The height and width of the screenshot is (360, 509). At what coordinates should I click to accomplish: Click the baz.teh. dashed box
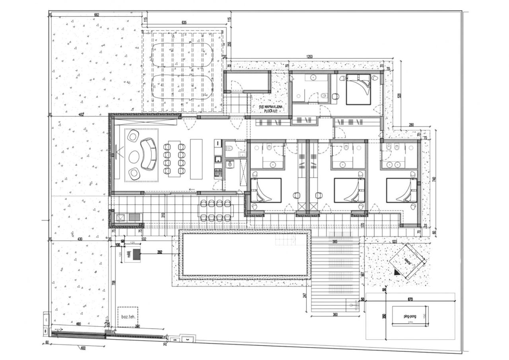pos(128,317)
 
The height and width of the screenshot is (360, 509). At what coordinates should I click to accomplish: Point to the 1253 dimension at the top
pos(310,57)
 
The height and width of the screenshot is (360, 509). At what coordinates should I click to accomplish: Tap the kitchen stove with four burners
pos(218,173)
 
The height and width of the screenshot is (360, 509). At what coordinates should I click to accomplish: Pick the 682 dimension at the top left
pos(96,15)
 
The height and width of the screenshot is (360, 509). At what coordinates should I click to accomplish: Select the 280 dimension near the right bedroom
pos(411,126)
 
